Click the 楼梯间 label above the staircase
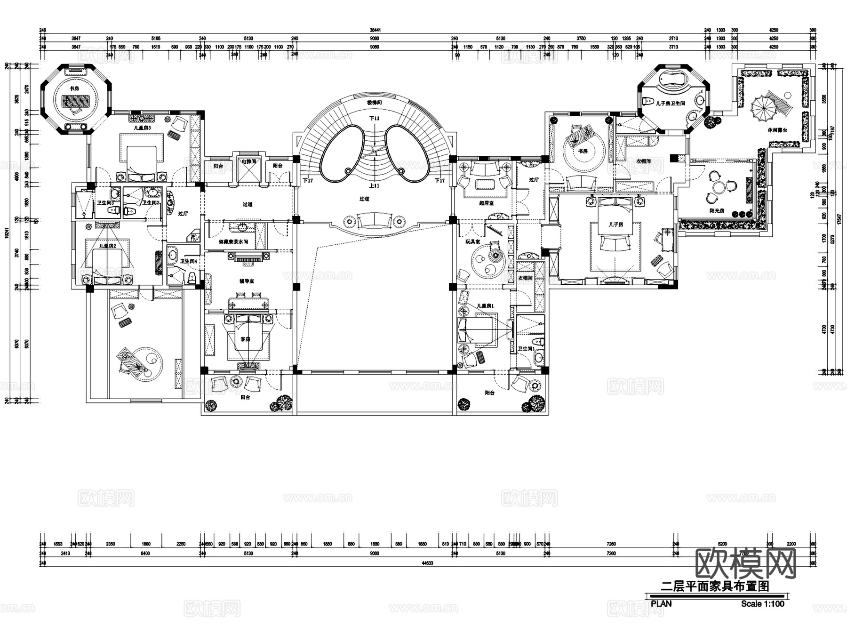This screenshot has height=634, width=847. click(374, 102)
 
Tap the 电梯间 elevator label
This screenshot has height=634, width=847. click(248, 161)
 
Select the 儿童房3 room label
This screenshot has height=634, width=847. click(142, 128)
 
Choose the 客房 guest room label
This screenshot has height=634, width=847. click(245, 339)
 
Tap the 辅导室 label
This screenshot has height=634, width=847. click(247, 281)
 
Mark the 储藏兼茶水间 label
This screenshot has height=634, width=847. click(233, 242)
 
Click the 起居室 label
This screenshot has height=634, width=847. click(486, 203)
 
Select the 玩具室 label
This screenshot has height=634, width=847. click(472, 242)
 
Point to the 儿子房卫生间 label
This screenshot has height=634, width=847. click(670, 103)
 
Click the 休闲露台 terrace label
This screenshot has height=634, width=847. click(777, 130)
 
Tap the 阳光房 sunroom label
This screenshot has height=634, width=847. click(717, 211)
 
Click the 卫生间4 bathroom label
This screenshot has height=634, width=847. click(189, 261)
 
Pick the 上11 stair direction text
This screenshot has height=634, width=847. click(374, 186)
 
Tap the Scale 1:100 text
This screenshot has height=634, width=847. click(762, 604)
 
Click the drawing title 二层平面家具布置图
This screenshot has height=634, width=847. click(715, 586)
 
